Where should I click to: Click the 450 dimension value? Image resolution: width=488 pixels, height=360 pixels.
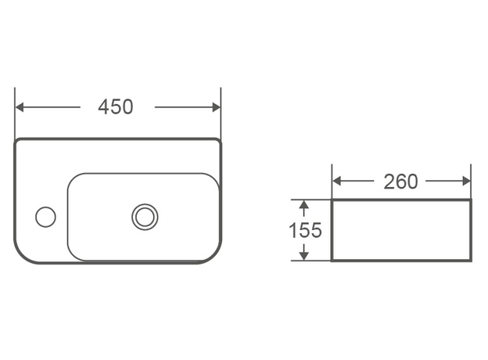point(116,106)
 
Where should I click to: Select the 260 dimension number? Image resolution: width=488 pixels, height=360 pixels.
point(400,182)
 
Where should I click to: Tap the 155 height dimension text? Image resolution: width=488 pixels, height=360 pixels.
point(305,230)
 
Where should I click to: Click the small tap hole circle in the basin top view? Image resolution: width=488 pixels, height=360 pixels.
point(45,217)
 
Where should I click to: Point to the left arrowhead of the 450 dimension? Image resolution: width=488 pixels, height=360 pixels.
point(20,107)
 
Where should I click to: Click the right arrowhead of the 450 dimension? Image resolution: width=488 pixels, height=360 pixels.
point(217,107)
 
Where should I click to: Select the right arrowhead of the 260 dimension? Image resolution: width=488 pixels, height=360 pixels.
point(467,181)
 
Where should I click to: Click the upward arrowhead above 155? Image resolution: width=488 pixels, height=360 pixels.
point(303,204)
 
